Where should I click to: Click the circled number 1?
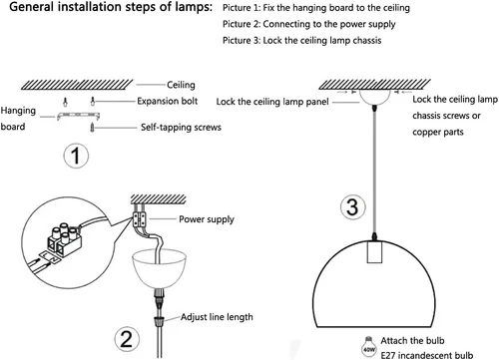pyautogui.click(x=76, y=156)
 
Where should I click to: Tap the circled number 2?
pyautogui.click(x=127, y=339)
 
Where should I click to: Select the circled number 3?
pyautogui.click(x=352, y=206)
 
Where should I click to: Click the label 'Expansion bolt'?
pyautogui.click(x=168, y=101)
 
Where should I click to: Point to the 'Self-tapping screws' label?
pyautogui.click(x=181, y=127)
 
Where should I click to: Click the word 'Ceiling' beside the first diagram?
pyautogui.click(x=181, y=85)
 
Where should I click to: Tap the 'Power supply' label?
pyautogui.click(x=207, y=219)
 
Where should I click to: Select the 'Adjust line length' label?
pyautogui.click(x=217, y=317)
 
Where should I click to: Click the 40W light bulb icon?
pyautogui.click(x=369, y=347)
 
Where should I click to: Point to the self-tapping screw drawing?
pyautogui.click(x=92, y=128)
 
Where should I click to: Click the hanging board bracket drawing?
pyautogui.click(x=78, y=116)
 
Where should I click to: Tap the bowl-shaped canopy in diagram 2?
pyautogui.click(x=160, y=268)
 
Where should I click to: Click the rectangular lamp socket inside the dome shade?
pyautogui.click(x=374, y=251)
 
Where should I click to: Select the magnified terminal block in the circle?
pyautogui.click(x=65, y=240)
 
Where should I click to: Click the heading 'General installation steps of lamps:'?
pyautogui.click(x=111, y=7)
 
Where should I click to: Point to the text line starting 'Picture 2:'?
pyautogui.click(x=309, y=24)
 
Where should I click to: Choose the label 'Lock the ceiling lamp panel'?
pyautogui.click(x=272, y=102)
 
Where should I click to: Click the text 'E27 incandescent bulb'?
pyautogui.click(x=427, y=355)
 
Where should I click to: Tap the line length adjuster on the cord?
pyautogui.click(x=160, y=321)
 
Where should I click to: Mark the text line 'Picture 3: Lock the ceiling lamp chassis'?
pyautogui.click(x=302, y=40)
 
